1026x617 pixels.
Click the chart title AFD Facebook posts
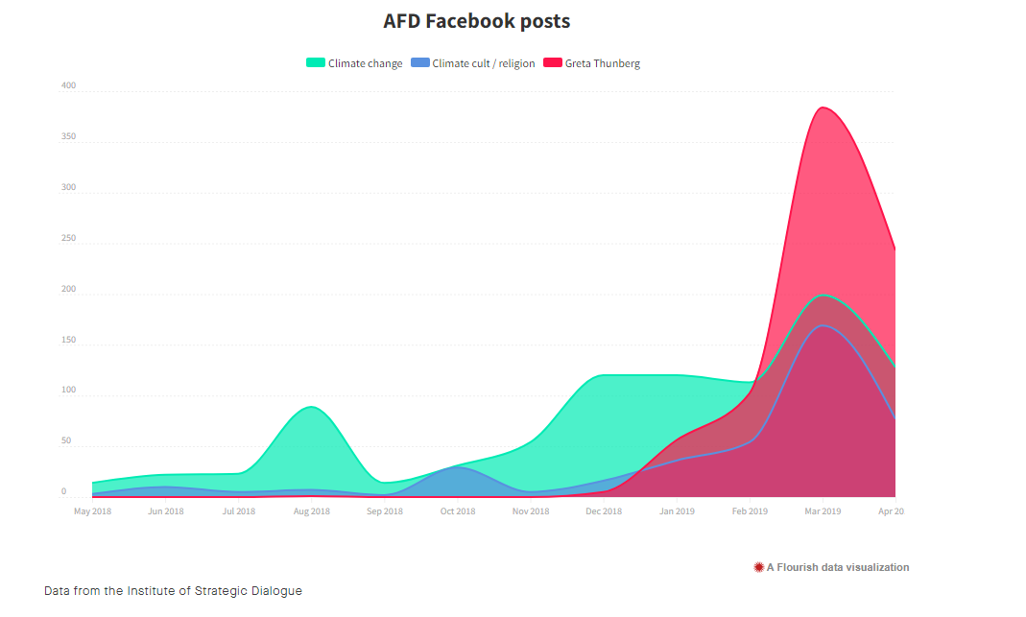coord(476,21)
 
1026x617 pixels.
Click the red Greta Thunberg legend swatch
coord(553,63)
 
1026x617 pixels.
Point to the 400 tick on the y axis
coord(68,85)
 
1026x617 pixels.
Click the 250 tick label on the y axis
coord(68,238)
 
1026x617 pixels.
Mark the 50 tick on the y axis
coord(66,441)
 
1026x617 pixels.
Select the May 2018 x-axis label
coord(92,511)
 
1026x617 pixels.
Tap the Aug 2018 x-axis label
coord(311,511)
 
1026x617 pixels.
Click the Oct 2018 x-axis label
coord(458,511)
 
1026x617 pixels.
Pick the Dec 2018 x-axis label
coord(604,511)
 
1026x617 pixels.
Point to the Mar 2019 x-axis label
coord(823,511)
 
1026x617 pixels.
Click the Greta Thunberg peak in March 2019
coord(823,107)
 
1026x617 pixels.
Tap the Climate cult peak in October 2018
coord(458,467)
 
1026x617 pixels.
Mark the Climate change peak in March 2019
coord(823,296)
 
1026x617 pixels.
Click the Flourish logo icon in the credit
coord(759,567)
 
